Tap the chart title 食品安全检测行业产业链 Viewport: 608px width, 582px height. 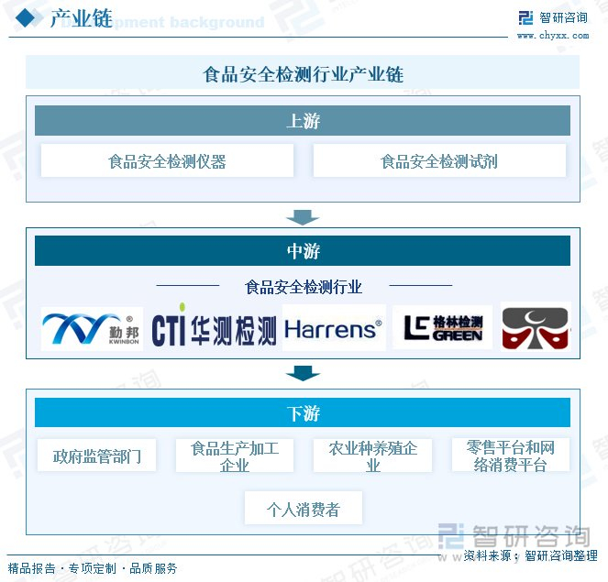tap(303, 73)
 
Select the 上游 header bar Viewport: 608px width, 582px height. tap(303, 121)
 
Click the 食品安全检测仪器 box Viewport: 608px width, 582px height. tap(167, 161)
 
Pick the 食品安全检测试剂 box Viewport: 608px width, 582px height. tap(439, 161)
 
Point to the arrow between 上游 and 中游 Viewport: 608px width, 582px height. tap(303, 217)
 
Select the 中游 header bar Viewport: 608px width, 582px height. tap(303, 251)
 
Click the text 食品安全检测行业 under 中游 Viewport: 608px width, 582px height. tap(304, 287)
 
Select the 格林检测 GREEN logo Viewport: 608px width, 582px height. tap(443, 328)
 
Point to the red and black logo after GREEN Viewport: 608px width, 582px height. tap(536, 328)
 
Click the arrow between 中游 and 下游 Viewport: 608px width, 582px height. tap(303, 373)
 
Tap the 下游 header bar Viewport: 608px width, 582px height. tap(303, 412)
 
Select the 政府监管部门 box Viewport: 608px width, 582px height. tap(97, 456)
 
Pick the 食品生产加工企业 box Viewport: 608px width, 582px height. tap(235, 456)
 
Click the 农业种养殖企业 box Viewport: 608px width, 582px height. tap(373, 456)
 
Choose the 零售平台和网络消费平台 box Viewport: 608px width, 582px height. tap(510, 456)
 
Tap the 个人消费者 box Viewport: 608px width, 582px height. tap(304, 509)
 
